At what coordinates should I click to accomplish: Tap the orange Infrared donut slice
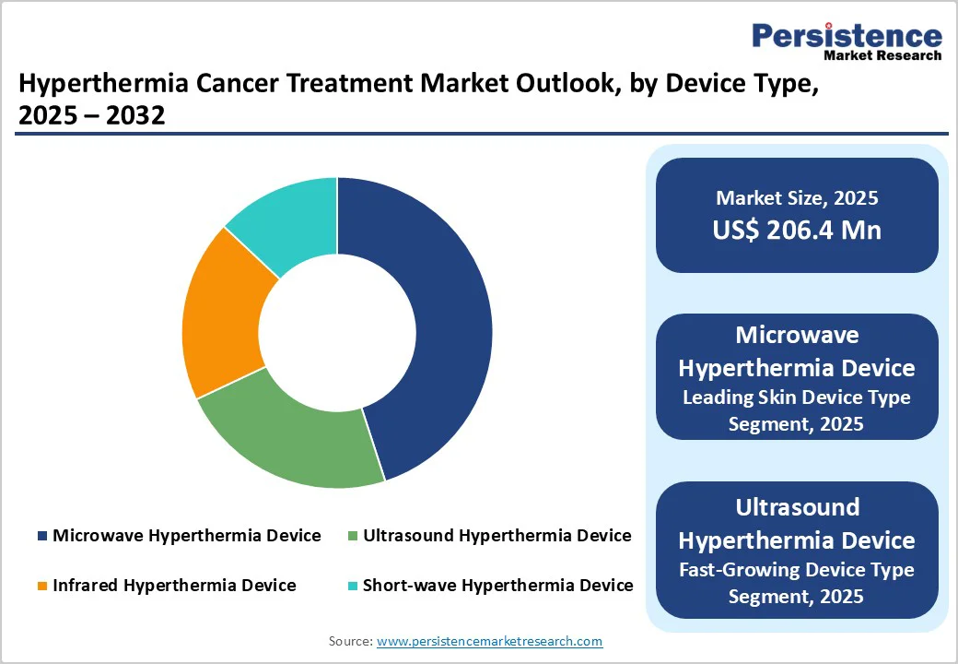click(221, 314)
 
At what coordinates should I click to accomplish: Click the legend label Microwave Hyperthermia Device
click(186, 536)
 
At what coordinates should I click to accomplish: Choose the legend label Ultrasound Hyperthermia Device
click(497, 536)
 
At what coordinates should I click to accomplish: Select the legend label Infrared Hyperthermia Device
click(174, 586)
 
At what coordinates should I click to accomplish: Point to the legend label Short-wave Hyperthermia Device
click(497, 586)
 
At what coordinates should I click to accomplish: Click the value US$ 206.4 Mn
click(797, 230)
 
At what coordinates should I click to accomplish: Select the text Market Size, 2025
click(797, 198)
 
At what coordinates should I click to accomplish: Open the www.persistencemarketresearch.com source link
click(489, 641)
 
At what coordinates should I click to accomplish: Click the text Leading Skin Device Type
click(797, 397)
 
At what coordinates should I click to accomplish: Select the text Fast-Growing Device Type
click(797, 570)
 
